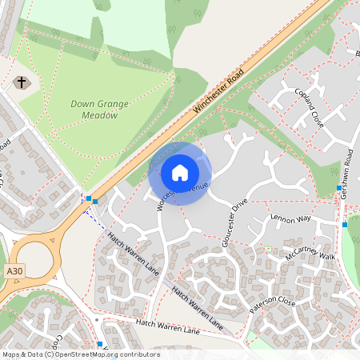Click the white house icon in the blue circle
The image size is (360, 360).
coord(180,173)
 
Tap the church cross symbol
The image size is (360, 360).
coord(21,82)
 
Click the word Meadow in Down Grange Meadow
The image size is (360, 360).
coord(94,115)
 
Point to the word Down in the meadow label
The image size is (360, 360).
coord(83,104)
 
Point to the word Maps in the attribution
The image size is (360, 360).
coord(12,354)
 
